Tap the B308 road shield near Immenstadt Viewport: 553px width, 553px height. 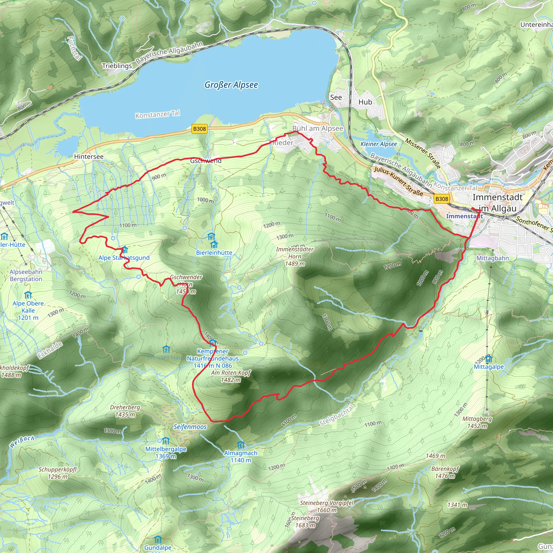point(441,199)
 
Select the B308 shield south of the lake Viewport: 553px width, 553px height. point(199,129)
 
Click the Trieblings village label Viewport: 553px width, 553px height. point(117,66)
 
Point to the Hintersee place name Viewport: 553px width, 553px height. point(89,157)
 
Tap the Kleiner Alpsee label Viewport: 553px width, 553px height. point(378,144)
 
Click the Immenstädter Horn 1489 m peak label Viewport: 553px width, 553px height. point(295,257)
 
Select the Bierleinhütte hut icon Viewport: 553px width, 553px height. point(214,244)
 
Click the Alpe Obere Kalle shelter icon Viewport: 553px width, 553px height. point(28,295)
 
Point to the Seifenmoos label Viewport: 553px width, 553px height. point(190,427)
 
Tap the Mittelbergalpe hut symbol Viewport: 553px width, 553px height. point(166,441)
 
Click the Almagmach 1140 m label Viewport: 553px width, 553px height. point(241,457)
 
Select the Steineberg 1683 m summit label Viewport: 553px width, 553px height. point(305,521)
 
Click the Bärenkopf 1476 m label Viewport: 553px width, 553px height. point(445,472)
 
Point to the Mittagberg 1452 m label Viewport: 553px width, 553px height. point(477,422)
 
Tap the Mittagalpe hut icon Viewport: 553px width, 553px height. point(488,358)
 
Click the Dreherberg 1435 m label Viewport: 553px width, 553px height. point(125,411)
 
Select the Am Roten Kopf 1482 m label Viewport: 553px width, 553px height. point(231,376)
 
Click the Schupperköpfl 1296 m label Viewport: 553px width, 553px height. point(58,473)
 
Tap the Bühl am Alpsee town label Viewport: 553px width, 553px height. point(318,129)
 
